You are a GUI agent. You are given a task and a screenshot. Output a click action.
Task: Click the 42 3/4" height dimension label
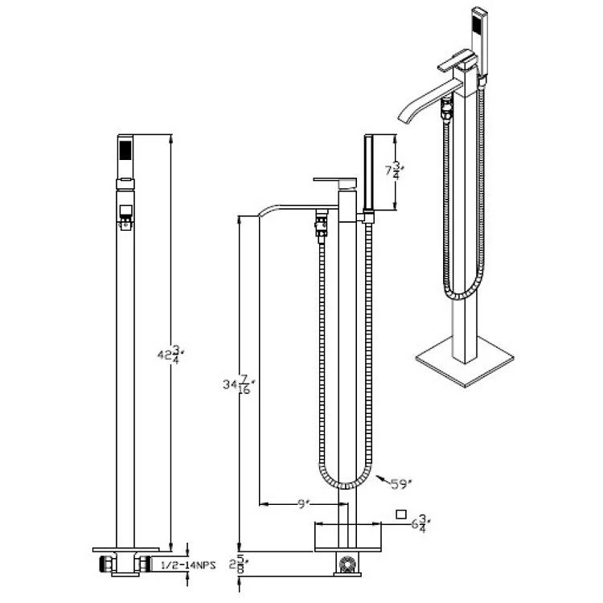(169, 355)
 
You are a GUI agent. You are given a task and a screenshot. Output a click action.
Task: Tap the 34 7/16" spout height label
(240, 384)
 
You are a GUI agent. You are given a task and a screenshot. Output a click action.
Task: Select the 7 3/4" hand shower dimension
(395, 170)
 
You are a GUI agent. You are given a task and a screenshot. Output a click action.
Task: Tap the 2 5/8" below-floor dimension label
(239, 564)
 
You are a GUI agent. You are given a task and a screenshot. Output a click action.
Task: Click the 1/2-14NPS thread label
(187, 565)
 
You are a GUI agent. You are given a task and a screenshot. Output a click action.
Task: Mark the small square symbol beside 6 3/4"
(401, 515)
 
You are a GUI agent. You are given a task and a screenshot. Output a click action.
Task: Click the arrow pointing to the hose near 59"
(383, 479)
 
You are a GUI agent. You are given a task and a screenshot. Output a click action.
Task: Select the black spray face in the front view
(125, 150)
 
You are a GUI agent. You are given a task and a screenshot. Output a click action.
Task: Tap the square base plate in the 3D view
(465, 362)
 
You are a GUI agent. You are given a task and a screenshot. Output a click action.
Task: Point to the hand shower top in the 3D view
(479, 12)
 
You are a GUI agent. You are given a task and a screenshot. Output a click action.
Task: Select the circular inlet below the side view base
(347, 564)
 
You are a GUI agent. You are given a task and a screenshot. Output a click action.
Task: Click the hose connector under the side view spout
(322, 227)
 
